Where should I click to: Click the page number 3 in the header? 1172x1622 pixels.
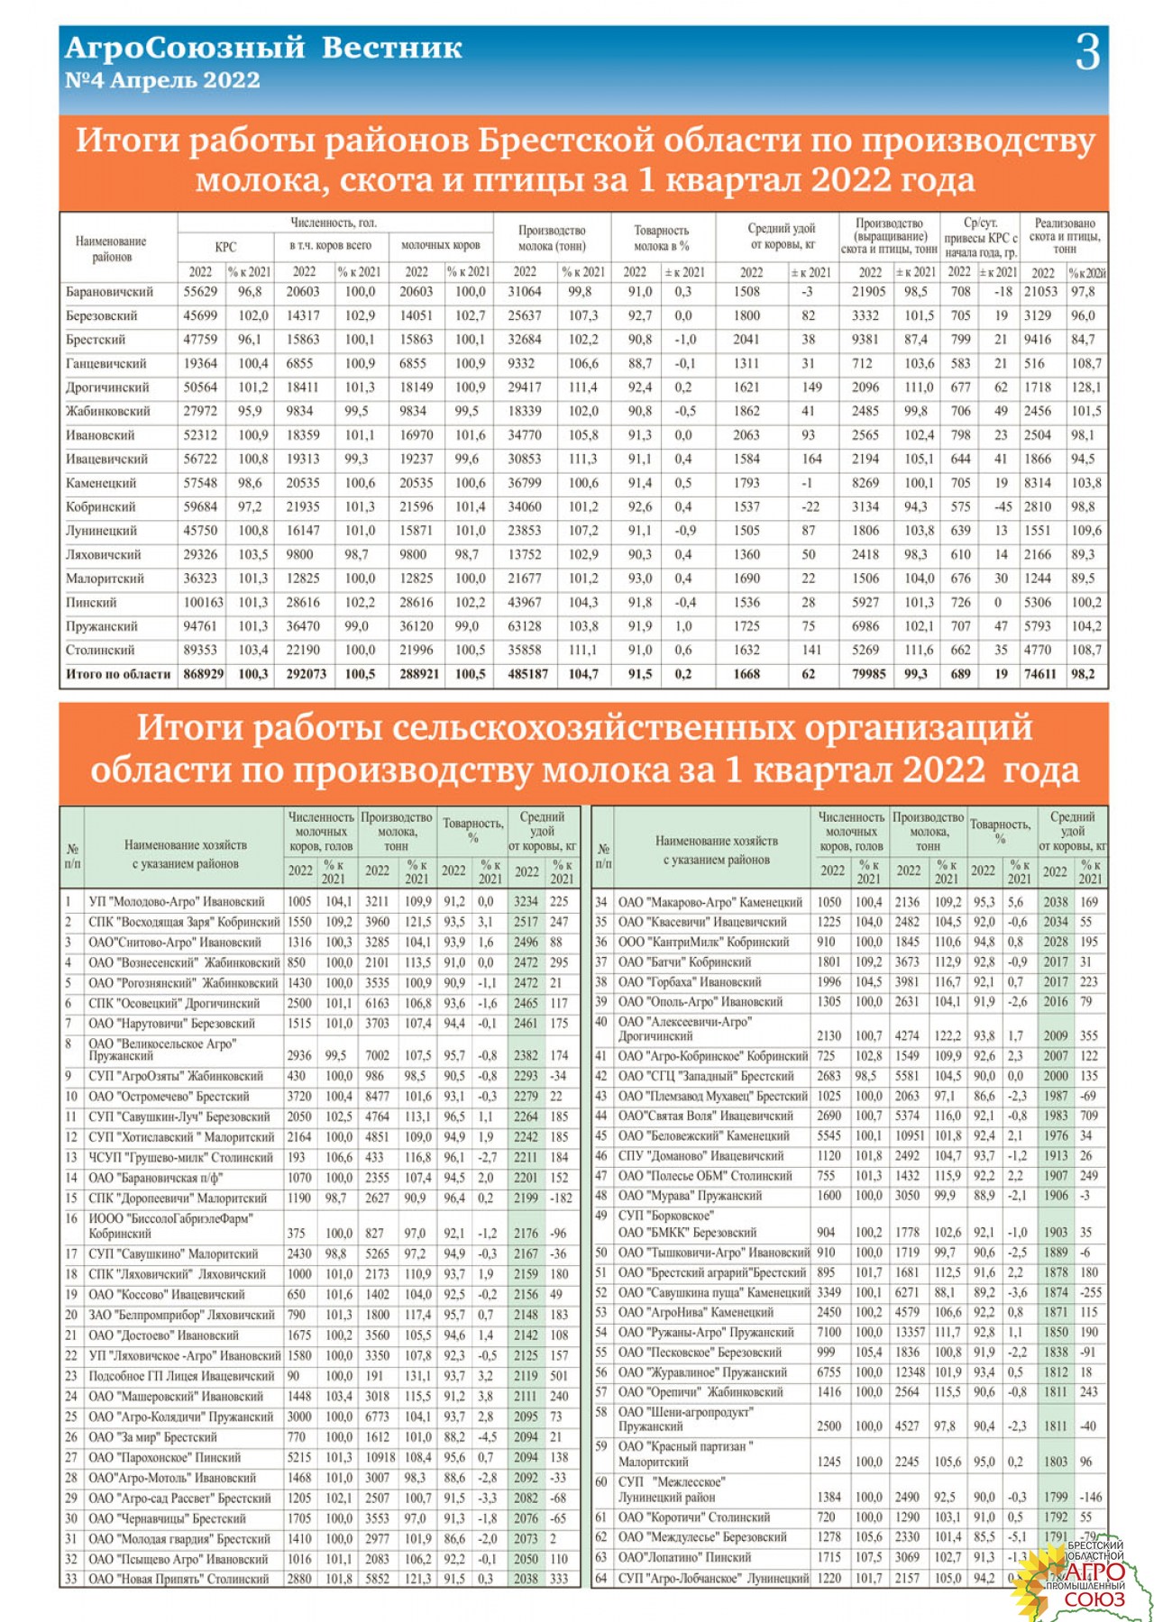(1087, 52)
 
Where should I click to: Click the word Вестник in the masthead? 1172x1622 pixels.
(391, 48)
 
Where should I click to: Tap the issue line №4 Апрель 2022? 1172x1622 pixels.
(162, 80)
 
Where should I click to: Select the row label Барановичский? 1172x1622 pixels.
(109, 292)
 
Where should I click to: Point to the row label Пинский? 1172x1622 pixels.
(91, 602)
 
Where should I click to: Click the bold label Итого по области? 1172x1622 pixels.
(117, 673)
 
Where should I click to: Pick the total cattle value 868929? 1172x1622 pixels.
(203, 673)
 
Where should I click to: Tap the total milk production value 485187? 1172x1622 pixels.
(527, 673)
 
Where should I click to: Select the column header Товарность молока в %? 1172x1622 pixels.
(661, 238)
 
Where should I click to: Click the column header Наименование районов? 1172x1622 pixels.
(111, 249)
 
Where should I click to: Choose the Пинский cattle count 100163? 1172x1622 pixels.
(203, 602)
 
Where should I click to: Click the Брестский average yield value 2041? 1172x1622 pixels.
(746, 340)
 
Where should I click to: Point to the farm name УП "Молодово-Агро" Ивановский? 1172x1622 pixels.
(177, 901)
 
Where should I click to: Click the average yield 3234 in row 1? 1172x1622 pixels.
(526, 901)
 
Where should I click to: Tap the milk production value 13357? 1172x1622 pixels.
(910, 1332)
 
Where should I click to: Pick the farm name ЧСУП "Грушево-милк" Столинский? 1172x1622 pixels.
(180, 1157)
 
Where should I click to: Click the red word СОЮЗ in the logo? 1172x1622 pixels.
(1094, 1599)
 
